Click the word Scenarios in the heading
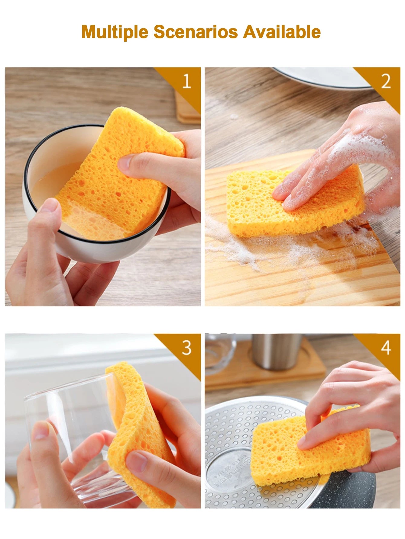196,32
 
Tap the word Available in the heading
282,32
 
